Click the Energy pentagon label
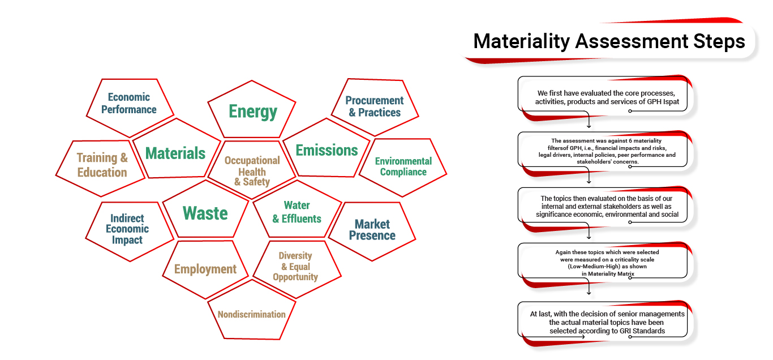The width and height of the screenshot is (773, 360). click(x=253, y=112)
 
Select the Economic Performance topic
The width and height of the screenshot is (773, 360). click(x=128, y=103)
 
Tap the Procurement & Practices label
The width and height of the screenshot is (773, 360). click(x=375, y=106)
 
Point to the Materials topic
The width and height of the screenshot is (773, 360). click(x=175, y=153)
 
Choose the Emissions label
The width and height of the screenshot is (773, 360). click(x=327, y=150)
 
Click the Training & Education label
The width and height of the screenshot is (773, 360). click(x=102, y=165)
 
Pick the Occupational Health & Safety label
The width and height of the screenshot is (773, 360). click(x=252, y=171)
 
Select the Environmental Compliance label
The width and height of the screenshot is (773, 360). click(x=403, y=166)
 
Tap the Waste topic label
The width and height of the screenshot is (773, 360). click(x=205, y=213)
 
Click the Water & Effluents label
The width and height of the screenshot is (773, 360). click(x=297, y=212)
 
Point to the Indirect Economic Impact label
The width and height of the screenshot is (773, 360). click(x=127, y=229)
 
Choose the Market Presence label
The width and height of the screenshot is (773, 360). click(x=372, y=230)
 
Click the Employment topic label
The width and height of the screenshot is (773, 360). click(x=205, y=269)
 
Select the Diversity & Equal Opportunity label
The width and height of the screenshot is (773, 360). click(x=295, y=266)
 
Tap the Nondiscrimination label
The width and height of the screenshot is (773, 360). click(x=252, y=315)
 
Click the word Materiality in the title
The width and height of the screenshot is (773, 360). click(x=521, y=41)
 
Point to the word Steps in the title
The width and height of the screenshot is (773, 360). click(x=719, y=41)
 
